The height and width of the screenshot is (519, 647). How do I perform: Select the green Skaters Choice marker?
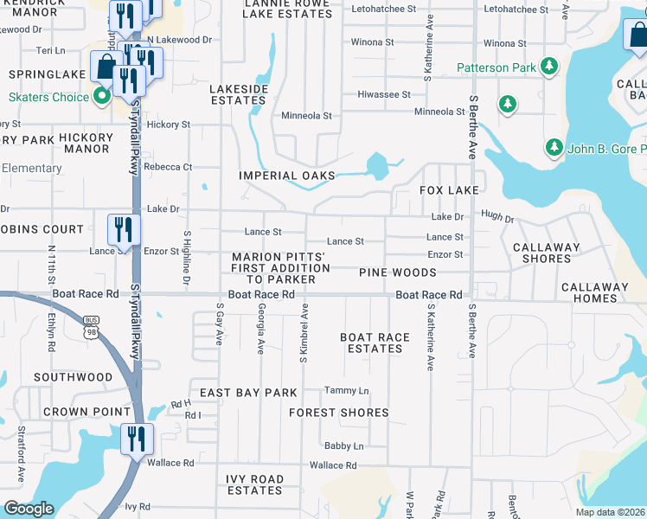[x=101, y=96]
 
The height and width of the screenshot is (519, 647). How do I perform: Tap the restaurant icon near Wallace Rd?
[x=137, y=439]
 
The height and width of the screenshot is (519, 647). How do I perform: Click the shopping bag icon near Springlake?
[x=106, y=67]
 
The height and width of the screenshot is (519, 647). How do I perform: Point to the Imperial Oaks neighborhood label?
[x=287, y=176]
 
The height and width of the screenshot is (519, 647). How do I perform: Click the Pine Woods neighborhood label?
[x=399, y=272]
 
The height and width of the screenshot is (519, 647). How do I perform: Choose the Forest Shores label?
[x=339, y=413]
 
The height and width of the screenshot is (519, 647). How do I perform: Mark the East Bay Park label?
[x=248, y=393]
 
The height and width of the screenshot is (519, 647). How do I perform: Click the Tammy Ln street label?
[x=346, y=391]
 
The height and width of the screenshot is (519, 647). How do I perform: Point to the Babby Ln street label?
[x=343, y=446]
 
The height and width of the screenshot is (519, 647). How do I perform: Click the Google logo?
[x=29, y=509]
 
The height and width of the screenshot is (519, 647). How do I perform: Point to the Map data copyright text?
[x=609, y=512]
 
